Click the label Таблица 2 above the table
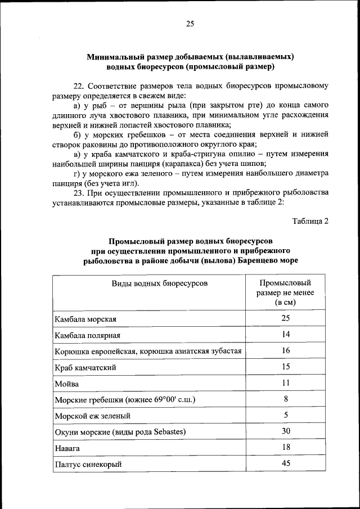[x=310, y=220]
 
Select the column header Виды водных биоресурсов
[x=160, y=283]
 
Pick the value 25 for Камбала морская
[x=285, y=318]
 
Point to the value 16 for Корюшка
[x=285, y=350]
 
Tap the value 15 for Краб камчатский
[x=285, y=367]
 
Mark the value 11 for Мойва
[x=285, y=383]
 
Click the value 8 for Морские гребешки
[x=285, y=399]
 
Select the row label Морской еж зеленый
[x=93, y=416]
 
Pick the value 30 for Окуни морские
[x=285, y=431]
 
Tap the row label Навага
[x=67, y=449]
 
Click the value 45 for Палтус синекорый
[x=285, y=464]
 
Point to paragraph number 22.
[x=78, y=85]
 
